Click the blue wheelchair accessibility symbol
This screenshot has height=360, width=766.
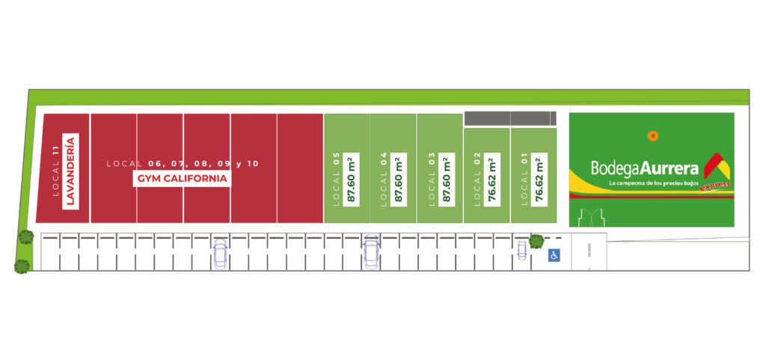pyautogui.click(x=554, y=255)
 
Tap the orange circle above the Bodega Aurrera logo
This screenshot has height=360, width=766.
pyautogui.click(x=653, y=136)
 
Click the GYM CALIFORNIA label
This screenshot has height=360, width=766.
pyautogui.click(x=182, y=180)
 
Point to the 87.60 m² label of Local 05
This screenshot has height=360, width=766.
pyautogui.click(x=351, y=179)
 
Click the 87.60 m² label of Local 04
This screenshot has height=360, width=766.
pyautogui.click(x=398, y=179)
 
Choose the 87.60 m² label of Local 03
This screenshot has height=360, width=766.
pyautogui.click(x=446, y=179)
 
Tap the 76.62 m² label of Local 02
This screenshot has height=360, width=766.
pyautogui.click(x=492, y=179)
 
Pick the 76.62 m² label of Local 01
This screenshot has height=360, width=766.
pyautogui.click(x=539, y=179)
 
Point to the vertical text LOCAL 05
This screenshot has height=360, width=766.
pyautogui.click(x=337, y=179)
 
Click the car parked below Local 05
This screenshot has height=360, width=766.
pyautogui.click(x=371, y=252)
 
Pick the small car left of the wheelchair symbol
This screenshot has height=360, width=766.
pyautogui.click(x=521, y=250)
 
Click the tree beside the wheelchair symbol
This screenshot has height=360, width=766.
pyautogui.click(x=536, y=241)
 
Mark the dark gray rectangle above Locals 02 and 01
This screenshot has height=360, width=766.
pyautogui.click(x=510, y=118)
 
